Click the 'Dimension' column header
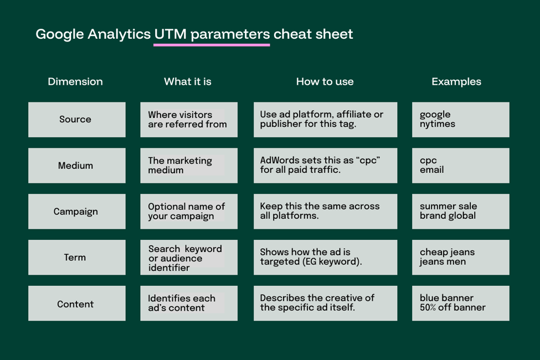(x=75, y=81)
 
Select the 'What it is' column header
(x=188, y=81)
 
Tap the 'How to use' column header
(x=325, y=81)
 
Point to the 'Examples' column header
(x=456, y=81)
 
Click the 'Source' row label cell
(x=76, y=120)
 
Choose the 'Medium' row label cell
(x=76, y=166)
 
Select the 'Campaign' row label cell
(x=76, y=212)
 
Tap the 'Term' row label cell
(x=76, y=258)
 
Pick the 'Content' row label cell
(x=76, y=304)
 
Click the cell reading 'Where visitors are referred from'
(x=188, y=120)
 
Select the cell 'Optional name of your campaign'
(x=188, y=212)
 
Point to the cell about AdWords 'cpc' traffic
(x=325, y=166)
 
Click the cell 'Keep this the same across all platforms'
(x=325, y=212)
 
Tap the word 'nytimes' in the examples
(x=438, y=125)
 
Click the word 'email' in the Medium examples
(x=432, y=170)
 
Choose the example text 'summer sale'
(x=448, y=206)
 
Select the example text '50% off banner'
(x=452, y=307)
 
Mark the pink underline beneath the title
(x=212, y=45)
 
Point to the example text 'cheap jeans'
(x=447, y=252)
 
